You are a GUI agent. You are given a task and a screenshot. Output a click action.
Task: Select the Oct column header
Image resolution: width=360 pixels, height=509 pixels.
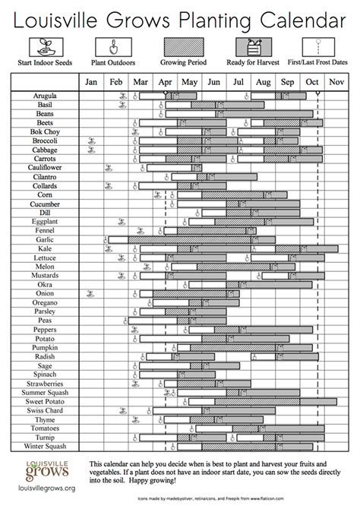pyautogui.click(x=312, y=81)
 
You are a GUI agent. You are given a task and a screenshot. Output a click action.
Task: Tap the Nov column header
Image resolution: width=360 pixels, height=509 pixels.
pyautogui.click(x=336, y=81)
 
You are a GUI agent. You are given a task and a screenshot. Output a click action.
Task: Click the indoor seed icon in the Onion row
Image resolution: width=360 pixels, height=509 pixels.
pyautogui.click(x=90, y=292)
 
